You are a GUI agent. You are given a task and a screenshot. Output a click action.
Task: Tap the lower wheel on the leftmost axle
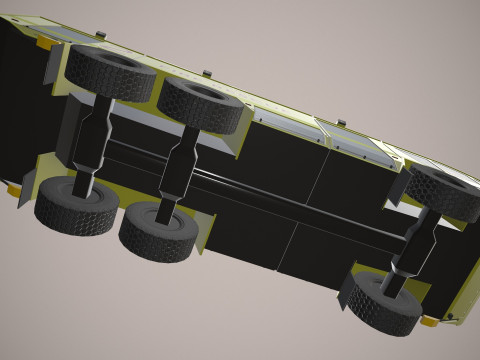coord(76,206)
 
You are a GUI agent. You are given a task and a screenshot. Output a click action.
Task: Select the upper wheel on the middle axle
coord(203,104)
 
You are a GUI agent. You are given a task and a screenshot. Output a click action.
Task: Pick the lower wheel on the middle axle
coord(158,231)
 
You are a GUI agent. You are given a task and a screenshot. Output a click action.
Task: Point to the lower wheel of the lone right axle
coord(381,303)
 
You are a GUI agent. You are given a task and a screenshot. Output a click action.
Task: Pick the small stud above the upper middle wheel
coord(206,73)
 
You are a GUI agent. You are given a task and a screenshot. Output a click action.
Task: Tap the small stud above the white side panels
coord(340,123)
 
